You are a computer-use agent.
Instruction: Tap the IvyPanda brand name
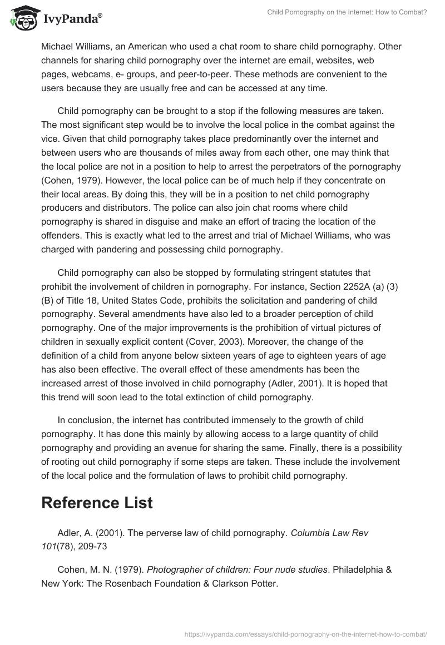point(71,18)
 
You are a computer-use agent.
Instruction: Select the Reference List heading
point(97,503)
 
